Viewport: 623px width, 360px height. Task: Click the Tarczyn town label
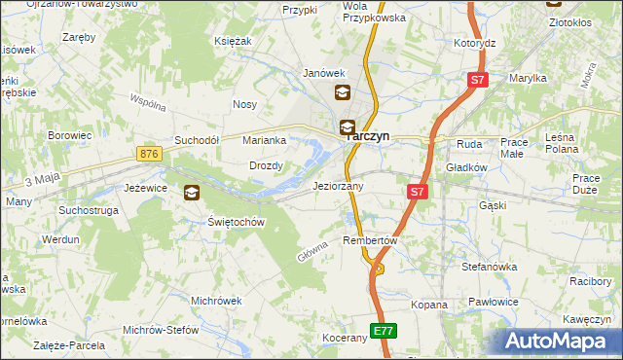[371, 137]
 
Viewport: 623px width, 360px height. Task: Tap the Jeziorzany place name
[338, 186]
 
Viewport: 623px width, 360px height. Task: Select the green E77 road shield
[384, 331]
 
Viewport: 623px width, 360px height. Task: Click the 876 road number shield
[149, 155]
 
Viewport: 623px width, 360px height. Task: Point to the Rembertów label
[371, 240]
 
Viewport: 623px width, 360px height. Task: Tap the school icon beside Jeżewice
[191, 193]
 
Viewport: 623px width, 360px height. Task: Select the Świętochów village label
[237, 222]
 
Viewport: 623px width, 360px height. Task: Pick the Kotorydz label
[475, 44]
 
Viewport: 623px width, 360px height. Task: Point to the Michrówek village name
[216, 301]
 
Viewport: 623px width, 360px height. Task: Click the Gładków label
[466, 167]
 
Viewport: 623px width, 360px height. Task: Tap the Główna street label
[312, 251]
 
